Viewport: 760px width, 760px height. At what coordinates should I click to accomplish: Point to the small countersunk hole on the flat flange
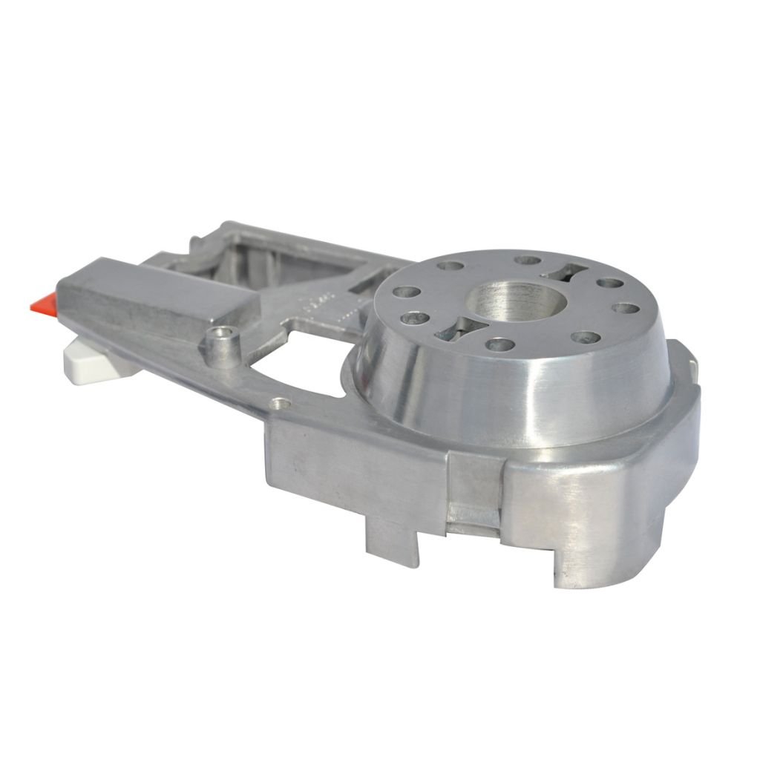279,404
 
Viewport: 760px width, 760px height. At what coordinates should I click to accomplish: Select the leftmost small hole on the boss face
404,292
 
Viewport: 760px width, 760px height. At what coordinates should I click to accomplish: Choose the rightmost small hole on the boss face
628,307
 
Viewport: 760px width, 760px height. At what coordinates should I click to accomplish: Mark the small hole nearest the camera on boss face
499,344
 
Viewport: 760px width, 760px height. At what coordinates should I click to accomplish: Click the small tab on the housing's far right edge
693,367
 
